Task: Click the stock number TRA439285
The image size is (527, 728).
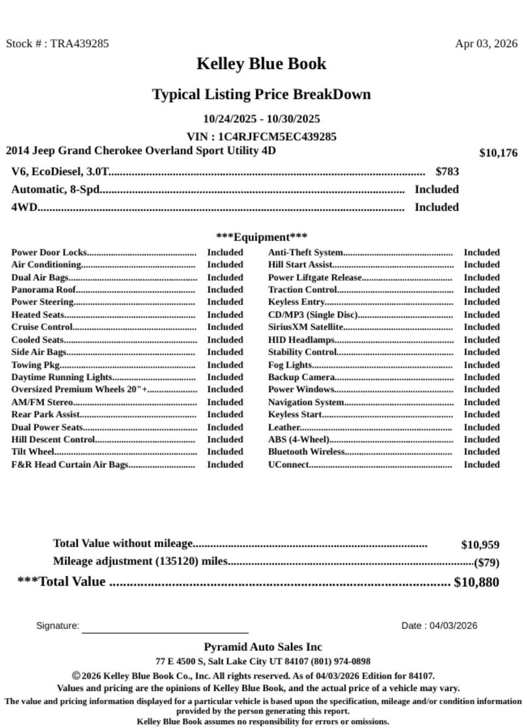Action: pos(79,44)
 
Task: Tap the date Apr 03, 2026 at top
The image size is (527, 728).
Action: pos(486,44)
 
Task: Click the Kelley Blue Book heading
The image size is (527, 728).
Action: pos(261,64)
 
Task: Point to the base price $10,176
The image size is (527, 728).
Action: pos(498,153)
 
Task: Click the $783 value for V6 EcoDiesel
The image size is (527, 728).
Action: pos(447,172)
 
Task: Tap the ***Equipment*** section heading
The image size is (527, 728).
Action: pos(261,237)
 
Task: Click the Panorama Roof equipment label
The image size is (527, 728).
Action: pos(44,289)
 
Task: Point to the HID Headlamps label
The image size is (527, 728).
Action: pos(301,340)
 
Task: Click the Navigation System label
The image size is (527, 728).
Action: pos(306,402)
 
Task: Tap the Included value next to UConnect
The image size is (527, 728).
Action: pos(482,465)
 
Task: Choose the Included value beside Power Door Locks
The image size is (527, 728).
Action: pos(225,252)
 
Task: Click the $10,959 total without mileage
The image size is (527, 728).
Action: pos(480,545)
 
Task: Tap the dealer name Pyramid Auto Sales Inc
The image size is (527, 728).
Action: pos(263,647)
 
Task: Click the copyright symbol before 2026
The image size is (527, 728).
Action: pos(76,675)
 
